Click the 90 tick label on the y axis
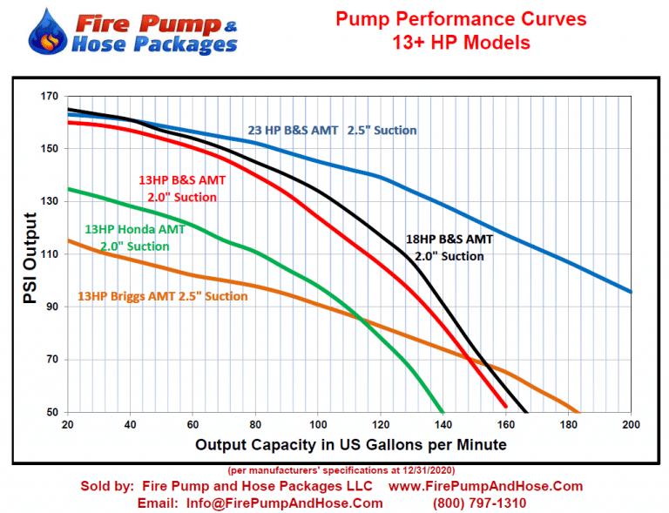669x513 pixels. pyautogui.click(x=51, y=307)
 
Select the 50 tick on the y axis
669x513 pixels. pyautogui.click(x=51, y=412)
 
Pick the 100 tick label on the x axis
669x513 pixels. pyautogui.click(x=318, y=425)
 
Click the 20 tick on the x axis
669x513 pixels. pyautogui.click(x=68, y=425)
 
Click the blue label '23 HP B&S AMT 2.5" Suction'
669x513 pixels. pyautogui.click(x=332, y=131)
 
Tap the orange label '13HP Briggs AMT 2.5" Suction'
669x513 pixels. pyautogui.click(x=163, y=296)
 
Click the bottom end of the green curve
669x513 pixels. pyautogui.click(x=443, y=411)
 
